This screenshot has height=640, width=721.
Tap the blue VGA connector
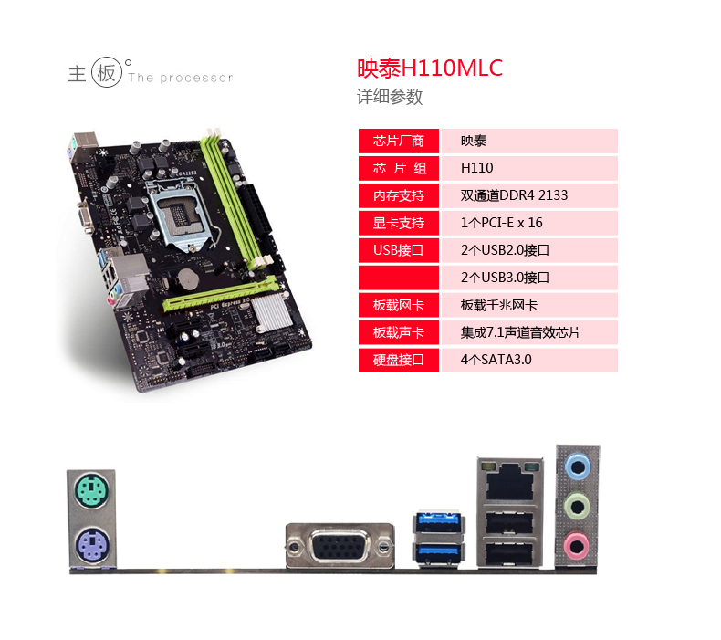(340, 547)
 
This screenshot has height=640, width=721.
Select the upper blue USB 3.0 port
(439, 523)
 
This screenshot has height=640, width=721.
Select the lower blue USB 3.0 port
(439, 553)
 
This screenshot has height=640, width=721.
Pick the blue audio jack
(576, 465)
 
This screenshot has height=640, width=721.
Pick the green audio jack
(576, 505)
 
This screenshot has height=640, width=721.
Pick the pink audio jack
(576, 546)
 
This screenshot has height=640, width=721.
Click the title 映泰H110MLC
(429, 68)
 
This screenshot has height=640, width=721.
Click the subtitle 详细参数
(390, 97)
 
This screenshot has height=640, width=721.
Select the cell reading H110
(477, 168)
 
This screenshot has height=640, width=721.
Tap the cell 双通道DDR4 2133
(515, 195)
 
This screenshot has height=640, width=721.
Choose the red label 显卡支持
(399, 223)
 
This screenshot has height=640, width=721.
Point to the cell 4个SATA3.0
(496, 360)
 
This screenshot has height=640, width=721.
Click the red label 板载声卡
(399, 332)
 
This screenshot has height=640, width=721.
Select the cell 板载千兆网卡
(506, 305)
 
